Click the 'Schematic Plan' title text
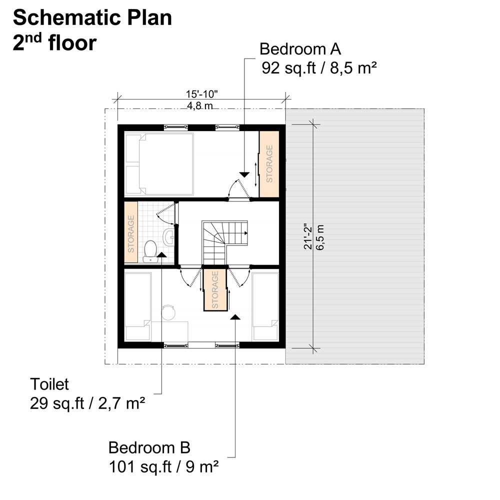[x=92, y=18]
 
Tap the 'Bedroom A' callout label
[x=300, y=49]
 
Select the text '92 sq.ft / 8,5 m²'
[x=318, y=68]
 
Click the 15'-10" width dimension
[x=202, y=94]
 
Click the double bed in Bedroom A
[x=159, y=163]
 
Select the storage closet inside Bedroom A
[x=269, y=164]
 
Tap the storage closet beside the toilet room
[x=131, y=232]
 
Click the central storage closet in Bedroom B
[x=215, y=289]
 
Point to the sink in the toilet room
[x=169, y=236]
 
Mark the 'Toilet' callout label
[x=49, y=384]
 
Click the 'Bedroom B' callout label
[x=149, y=446]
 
